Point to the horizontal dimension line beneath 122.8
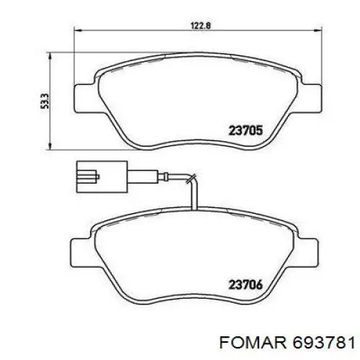(x=144, y=32)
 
